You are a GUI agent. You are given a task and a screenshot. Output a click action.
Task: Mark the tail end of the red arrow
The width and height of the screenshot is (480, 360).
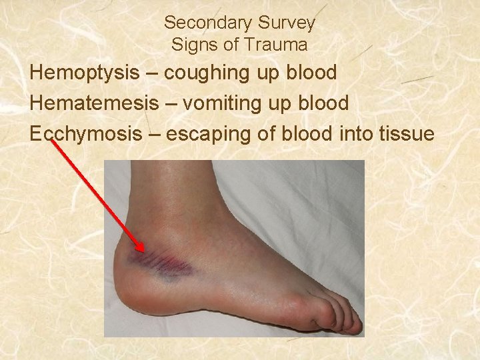(x=52, y=142)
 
